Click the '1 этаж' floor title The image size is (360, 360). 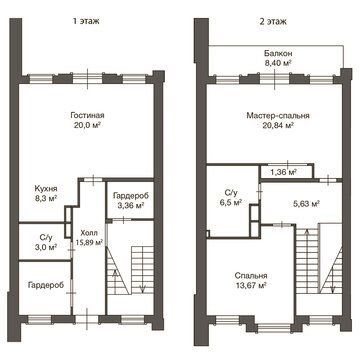[x=87, y=22]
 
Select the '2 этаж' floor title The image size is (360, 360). [x=273, y=22]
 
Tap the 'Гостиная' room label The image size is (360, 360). [x=87, y=115]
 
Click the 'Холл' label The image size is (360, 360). [x=88, y=233]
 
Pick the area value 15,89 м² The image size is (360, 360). [x=88, y=243]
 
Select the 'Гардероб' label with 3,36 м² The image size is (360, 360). [x=130, y=196]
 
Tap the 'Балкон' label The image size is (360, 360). [x=278, y=53]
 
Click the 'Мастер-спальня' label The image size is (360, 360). [x=278, y=116]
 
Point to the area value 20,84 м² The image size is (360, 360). [x=278, y=125]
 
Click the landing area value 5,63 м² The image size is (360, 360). [x=304, y=204]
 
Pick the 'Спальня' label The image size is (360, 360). [x=251, y=276]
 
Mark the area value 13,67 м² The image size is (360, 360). [x=251, y=285]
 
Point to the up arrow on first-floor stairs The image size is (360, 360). [x=115, y=282]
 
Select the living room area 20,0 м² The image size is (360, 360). [x=88, y=125]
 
